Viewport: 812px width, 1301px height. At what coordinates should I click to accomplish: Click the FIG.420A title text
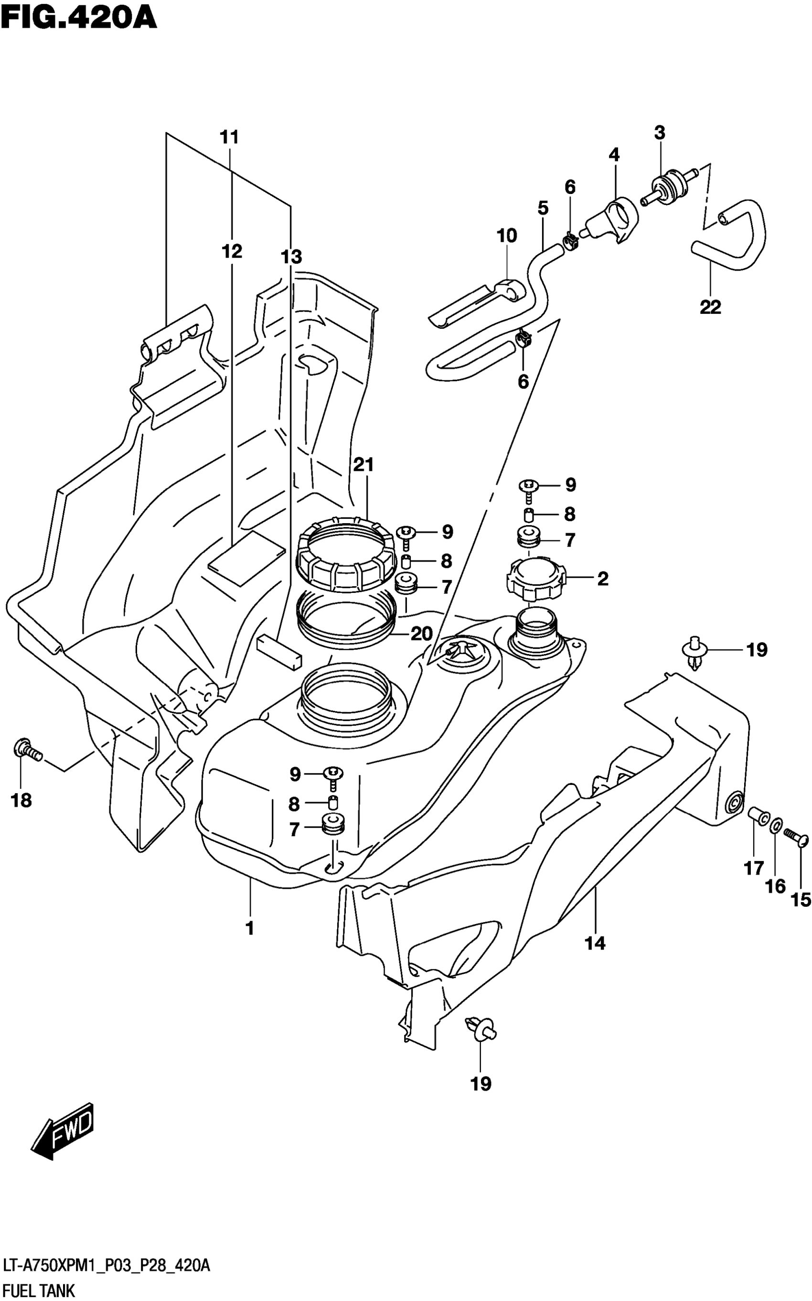click(x=79, y=18)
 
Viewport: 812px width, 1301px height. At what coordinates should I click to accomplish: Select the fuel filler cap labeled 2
click(x=535, y=579)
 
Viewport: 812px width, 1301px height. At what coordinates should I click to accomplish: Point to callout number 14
click(x=595, y=943)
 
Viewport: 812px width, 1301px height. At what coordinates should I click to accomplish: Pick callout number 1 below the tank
click(x=250, y=928)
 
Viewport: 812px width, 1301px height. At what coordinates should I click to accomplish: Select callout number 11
click(x=229, y=138)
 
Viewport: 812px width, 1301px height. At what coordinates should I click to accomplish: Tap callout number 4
click(x=614, y=155)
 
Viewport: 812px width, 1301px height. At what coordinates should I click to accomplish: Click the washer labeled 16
click(x=777, y=825)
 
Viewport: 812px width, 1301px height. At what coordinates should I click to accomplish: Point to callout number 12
click(x=232, y=251)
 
